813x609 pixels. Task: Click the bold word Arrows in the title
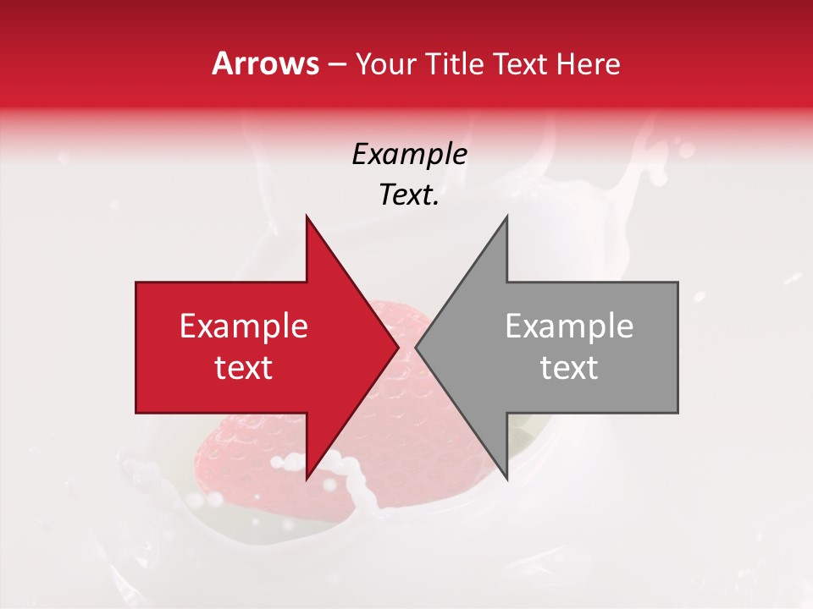265,63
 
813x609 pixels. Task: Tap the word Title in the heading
454,64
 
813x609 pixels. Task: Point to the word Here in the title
590,64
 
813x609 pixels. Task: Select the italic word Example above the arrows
409,155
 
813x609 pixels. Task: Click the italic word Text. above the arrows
409,195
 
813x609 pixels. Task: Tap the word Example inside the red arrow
243,326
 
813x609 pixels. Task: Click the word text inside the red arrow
243,368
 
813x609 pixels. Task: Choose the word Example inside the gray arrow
569,326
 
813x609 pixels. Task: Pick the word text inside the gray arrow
569,368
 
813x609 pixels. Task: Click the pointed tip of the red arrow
398,347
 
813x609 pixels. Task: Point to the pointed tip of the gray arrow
417,347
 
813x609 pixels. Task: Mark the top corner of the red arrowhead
307,217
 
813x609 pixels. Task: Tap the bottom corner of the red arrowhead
307,479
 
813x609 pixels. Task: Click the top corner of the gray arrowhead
506,217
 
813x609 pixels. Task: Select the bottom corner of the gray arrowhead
506,479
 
